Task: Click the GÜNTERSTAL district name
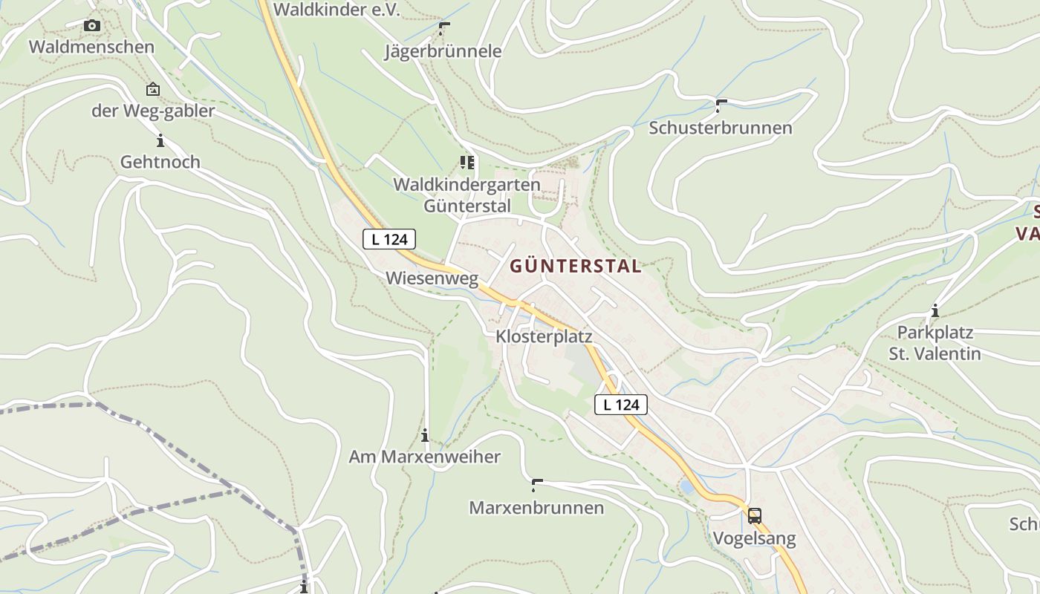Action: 575,267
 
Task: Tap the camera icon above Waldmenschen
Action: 92,26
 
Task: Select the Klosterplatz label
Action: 544,337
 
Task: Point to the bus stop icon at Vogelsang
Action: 754,516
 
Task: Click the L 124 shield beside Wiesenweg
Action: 389,239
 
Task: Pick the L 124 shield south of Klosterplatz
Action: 621,405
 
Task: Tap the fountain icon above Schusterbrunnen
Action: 721,105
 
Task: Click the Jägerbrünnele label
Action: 443,51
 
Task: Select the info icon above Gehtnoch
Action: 160,140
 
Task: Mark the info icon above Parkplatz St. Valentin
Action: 935,311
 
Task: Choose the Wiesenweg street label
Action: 432,278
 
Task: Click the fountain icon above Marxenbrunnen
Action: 536,486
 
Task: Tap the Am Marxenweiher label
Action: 425,457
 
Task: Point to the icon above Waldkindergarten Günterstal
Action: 467,162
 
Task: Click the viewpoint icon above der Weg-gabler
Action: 152,90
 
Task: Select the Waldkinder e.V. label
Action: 337,10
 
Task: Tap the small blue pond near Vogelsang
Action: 687,488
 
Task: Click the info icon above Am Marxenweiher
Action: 425,435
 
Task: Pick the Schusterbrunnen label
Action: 721,128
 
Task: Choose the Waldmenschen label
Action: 91,47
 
